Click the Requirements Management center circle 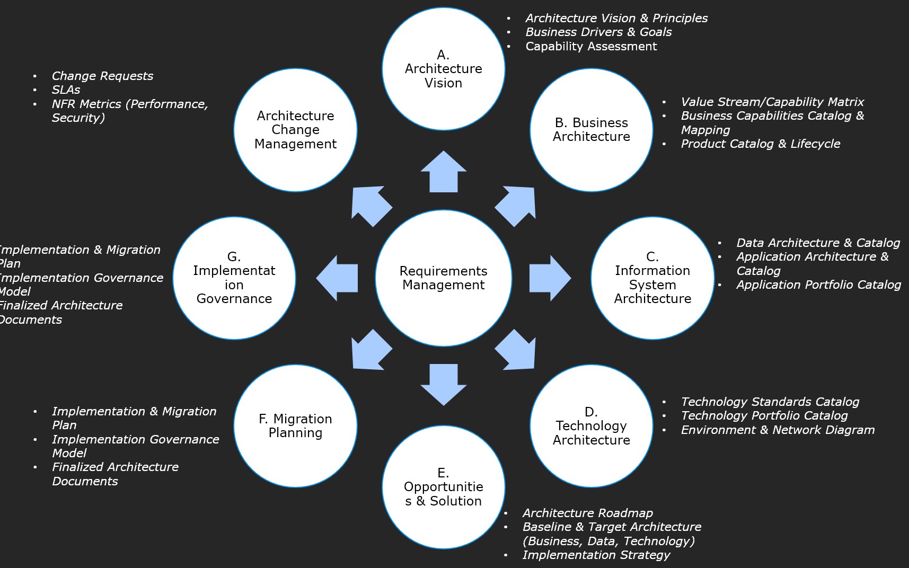[444, 278]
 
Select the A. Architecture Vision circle [444, 69]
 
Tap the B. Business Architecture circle [592, 130]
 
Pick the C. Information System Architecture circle [652, 278]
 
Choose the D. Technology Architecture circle [592, 426]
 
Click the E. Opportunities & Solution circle [444, 487]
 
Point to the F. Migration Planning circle [295, 426]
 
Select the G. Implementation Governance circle [234, 278]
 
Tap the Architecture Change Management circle [295, 130]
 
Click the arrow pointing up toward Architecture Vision [444, 173]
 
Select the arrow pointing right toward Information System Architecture [549, 278]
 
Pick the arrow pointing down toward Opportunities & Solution [444, 384]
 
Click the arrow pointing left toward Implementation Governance [338, 278]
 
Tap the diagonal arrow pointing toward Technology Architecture [517, 351]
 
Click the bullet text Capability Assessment [591, 47]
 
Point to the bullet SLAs [66, 90]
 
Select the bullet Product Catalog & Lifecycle [760, 144]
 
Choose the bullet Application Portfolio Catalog [818, 285]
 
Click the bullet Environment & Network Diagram [778, 430]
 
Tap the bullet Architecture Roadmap [587, 513]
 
